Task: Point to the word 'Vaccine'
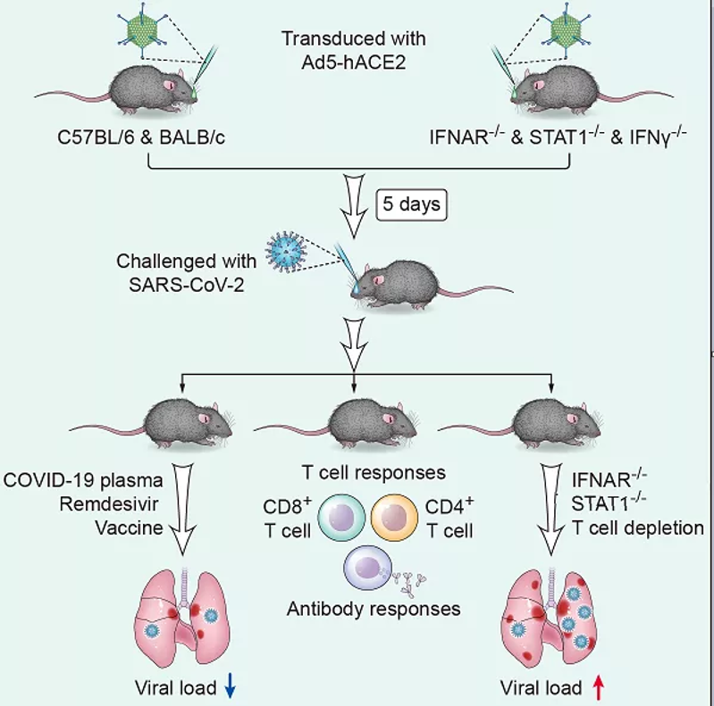pos(131,527)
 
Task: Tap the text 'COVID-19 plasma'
pos(84,478)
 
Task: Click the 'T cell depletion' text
pos(636,527)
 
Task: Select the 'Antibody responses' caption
pos(374,610)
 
